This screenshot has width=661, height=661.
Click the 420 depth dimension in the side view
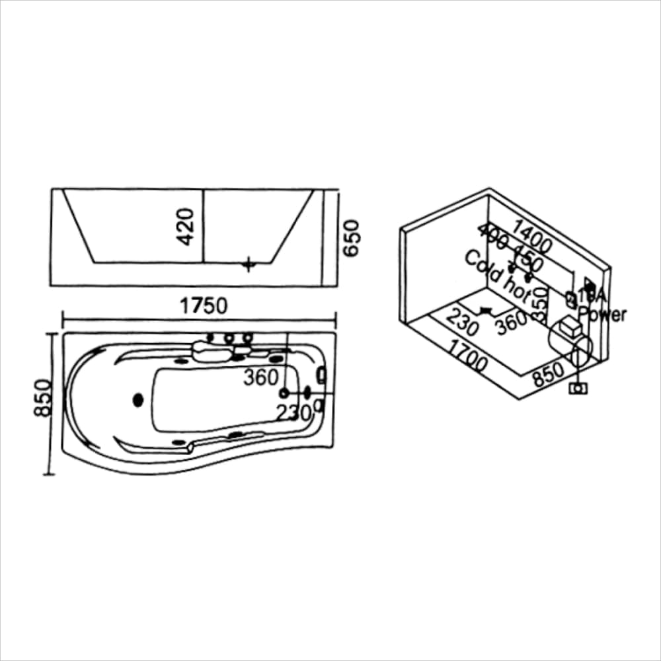coord(186,226)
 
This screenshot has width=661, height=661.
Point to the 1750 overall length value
coord(204,305)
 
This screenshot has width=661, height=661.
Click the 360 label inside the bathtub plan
coord(260,377)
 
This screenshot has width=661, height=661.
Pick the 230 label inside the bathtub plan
coord(293,413)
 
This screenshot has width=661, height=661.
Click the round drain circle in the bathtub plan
coord(285,393)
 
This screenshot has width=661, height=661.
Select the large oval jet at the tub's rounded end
coord(138,399)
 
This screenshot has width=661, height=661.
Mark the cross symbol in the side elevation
coord(248,264)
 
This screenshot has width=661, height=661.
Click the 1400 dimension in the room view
coord(531,237)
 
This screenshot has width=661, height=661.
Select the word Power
coord(602,314)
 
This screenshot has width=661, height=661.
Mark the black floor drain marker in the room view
coord(487,309)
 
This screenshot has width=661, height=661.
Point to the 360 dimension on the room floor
coord(510,322)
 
